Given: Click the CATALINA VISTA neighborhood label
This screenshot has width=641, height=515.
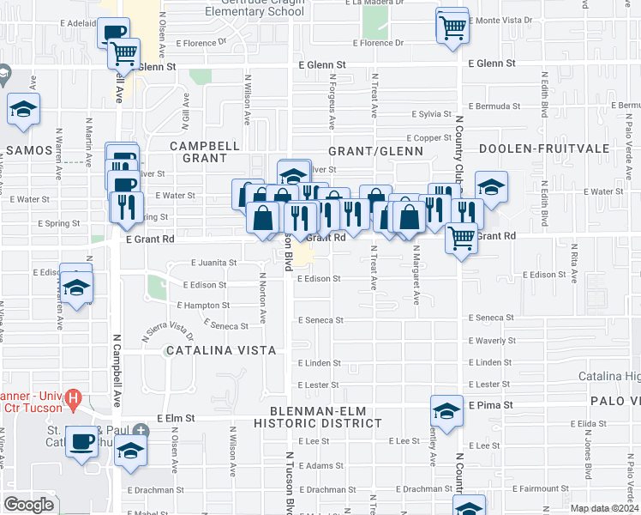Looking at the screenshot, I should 221,350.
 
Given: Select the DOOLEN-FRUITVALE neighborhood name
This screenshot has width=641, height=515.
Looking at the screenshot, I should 543,148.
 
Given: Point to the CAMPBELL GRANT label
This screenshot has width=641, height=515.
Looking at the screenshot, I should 205,152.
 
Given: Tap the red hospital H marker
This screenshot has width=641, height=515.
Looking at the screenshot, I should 74,399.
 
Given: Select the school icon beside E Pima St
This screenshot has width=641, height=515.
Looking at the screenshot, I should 446,410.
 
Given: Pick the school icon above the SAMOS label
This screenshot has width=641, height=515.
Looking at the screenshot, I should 24,109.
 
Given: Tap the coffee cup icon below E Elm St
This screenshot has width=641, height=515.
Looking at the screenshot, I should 82,442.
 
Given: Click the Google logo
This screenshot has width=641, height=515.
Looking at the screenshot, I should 28,504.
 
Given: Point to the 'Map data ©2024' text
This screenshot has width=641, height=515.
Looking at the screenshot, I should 604,508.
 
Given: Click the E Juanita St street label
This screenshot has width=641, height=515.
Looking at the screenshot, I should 213,263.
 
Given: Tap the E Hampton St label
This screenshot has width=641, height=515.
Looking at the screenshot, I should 203,305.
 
